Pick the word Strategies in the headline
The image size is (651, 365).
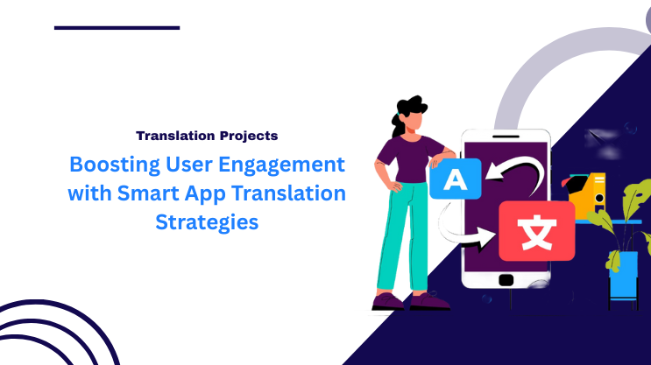207,221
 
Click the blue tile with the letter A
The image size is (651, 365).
454,180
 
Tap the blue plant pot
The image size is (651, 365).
623,272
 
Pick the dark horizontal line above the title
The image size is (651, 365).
117,28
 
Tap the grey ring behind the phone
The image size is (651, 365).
526,79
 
